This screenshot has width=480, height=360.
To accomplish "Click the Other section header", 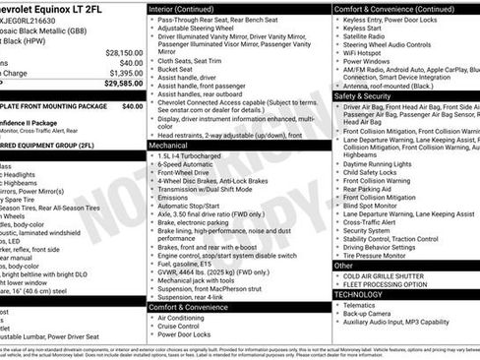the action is pos(343,266).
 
